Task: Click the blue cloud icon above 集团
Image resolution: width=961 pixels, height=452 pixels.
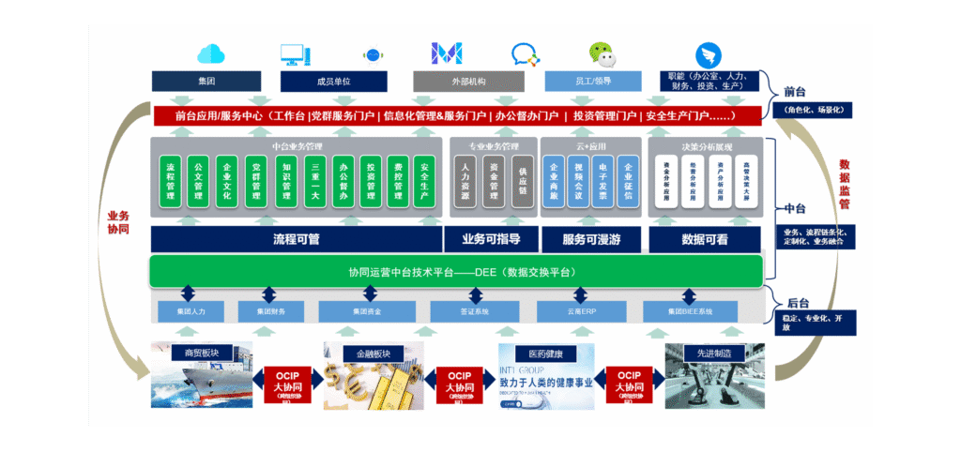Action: point(211,53)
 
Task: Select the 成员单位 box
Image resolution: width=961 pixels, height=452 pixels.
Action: point(334,82)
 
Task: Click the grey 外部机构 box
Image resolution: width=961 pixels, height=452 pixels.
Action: point(467,82)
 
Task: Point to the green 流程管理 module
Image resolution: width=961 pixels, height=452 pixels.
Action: point(171,180)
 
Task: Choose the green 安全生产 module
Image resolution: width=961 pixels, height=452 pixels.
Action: point(424,180)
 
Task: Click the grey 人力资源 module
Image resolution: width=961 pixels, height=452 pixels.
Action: point(465,180)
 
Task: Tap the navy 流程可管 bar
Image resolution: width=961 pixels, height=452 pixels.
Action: point(296,239)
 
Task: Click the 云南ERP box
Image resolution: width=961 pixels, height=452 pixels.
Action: point(581,310)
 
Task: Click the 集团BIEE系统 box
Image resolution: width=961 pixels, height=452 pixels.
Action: point(690,310)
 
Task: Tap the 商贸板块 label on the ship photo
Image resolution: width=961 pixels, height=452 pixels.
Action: point(195,353)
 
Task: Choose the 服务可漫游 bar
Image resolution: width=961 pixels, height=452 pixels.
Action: point(593,239)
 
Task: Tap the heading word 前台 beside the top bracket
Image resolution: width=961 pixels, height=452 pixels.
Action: point(796,92)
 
